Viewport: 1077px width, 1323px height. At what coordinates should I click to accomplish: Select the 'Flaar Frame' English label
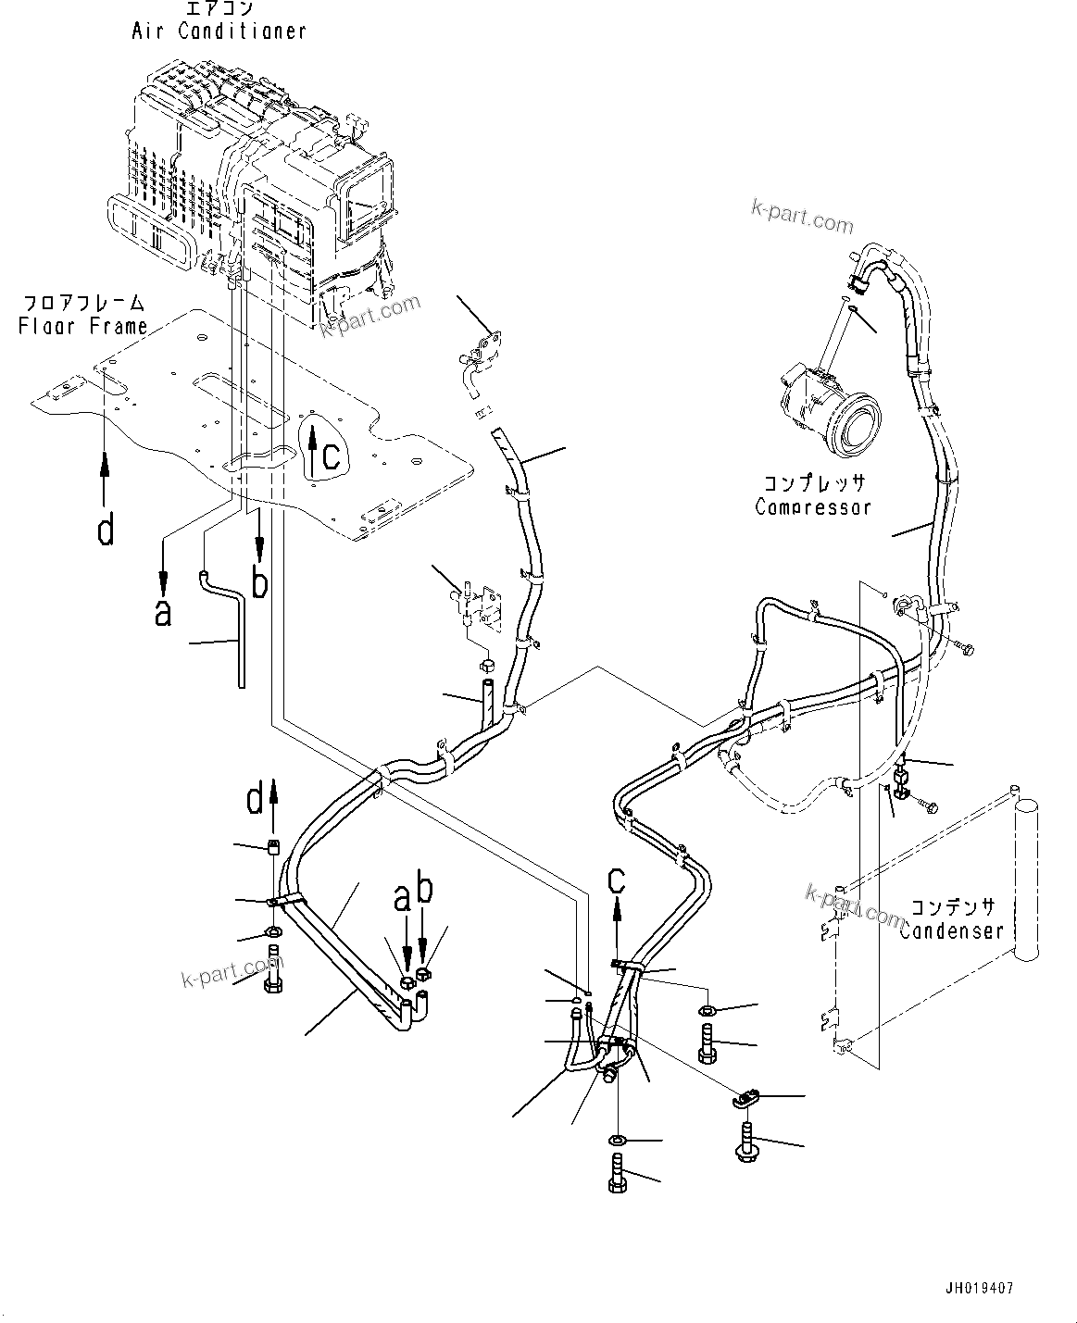coord(83,326)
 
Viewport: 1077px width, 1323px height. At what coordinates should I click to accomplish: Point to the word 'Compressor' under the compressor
coord(812,506)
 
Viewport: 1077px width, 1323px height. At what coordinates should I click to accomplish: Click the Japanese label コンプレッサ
coord(814,484)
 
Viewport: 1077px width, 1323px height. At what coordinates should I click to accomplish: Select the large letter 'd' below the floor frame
coord(106,530)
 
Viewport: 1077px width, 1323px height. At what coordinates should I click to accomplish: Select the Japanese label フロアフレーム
coord(83,303)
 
